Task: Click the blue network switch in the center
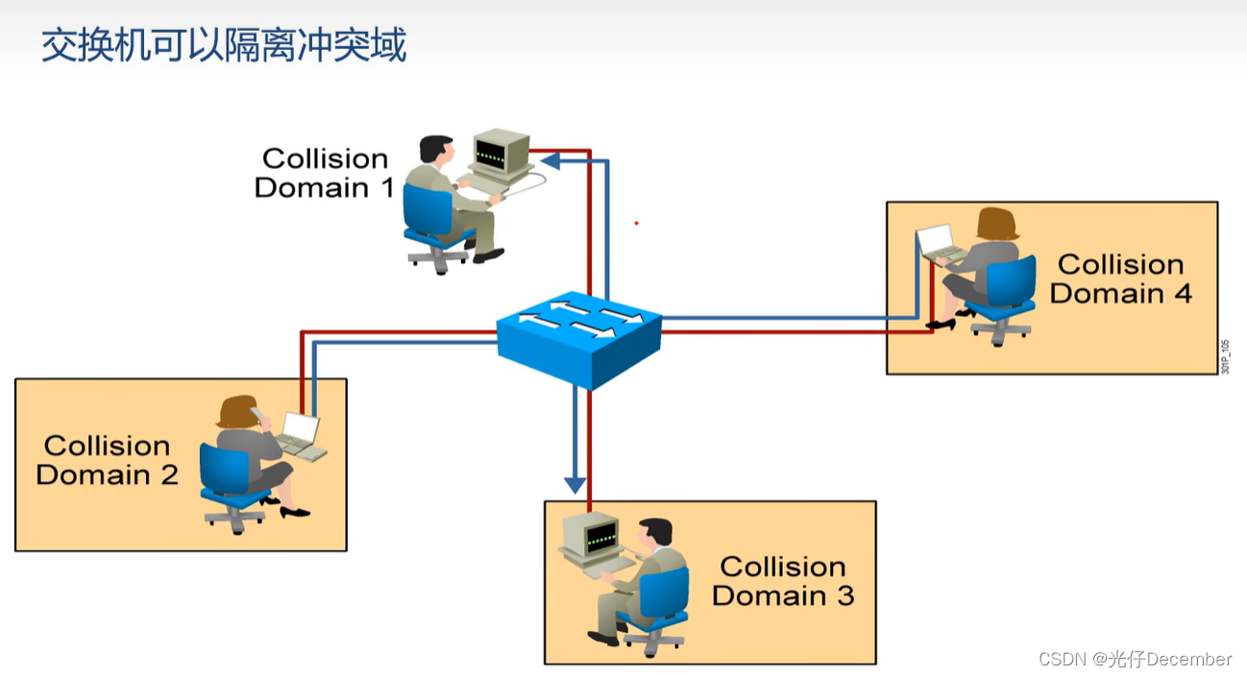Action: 579,337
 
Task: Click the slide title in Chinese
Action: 224,45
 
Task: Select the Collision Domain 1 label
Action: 325,173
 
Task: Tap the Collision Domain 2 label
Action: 107,460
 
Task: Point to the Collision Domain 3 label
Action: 783,581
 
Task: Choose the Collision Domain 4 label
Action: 1120,278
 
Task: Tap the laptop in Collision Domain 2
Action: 300,433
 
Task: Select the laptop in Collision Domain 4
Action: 938,243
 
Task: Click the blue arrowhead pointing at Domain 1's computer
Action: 551,160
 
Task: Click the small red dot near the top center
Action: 636,224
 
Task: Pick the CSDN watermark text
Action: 1135,659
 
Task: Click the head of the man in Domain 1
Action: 437,151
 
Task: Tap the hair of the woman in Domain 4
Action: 996,223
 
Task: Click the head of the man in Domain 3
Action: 656,534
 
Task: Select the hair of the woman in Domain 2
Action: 238,411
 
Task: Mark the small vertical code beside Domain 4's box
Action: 1226,356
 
